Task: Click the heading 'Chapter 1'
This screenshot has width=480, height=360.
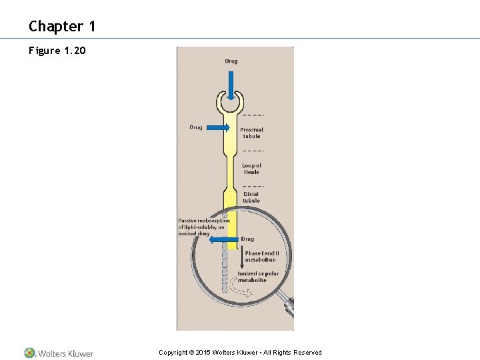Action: [x=62, y=27]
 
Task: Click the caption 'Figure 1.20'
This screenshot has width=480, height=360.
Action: [x=57, y=50]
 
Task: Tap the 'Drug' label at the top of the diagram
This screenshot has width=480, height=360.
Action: [x=231, y=61]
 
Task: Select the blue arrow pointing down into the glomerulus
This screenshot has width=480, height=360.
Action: [x=231, y=85]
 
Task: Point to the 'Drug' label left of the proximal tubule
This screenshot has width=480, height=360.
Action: [x=195, y=127]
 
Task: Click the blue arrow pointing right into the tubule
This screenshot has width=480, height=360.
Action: [x=219, y=127]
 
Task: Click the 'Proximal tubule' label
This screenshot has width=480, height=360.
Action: [x=251, y=133]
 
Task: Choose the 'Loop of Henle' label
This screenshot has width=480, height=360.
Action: [x=251, y=169]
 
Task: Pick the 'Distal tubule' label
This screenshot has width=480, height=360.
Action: [x=251, y=197]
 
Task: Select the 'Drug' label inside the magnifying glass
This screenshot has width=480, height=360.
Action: [x=247, y=239]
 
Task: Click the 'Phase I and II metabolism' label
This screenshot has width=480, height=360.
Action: [x=261, y=257]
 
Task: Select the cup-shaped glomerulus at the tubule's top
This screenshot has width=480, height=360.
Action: [x=231, y=103]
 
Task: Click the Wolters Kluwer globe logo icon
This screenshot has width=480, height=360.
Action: [x=30, y=353]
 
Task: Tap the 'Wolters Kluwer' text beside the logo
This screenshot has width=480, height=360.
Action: [x=65, y=353]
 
